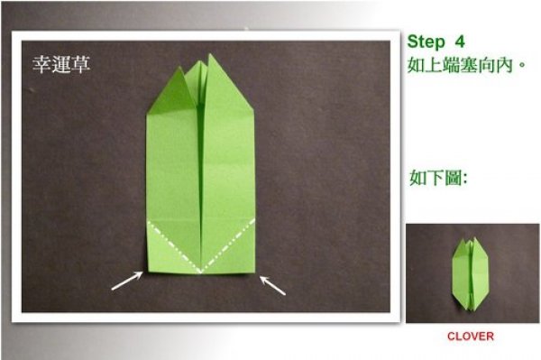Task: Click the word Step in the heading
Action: click(426, 42)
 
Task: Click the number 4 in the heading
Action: click(460, 42)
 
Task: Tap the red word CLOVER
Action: click(471, 337)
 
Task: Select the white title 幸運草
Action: click(61, 64)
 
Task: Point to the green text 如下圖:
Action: click(438, 178)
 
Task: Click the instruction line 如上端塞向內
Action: click(466, 65)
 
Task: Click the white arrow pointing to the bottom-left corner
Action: click(127, 281)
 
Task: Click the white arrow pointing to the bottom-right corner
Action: click(272, 285)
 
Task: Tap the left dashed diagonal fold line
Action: click(174, 247)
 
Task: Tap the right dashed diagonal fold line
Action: click(228, 245)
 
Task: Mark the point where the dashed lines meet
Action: click(201, 272)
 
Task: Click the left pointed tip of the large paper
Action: click(179, 66)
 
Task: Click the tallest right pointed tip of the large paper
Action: click(210, 54)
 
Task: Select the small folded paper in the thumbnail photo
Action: click(471, 273)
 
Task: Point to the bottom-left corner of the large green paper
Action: click(149, 272)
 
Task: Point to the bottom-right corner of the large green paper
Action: click(254, 272)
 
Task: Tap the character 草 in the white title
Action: click(81, 65)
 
